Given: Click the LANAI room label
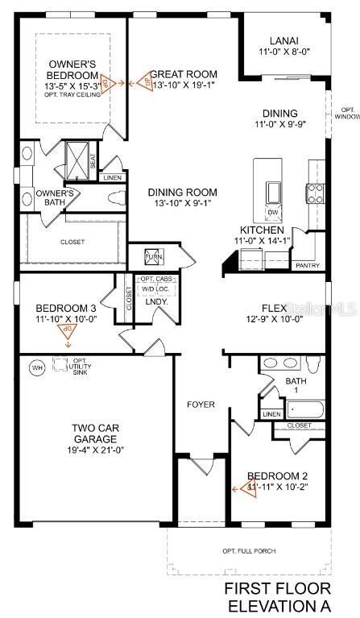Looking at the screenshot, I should click(x=283, y=40).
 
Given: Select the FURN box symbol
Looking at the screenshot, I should click(x=152, y=258).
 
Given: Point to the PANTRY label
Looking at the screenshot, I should click(x=308, y=265).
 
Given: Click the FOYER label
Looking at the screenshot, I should click(x=201, y=404).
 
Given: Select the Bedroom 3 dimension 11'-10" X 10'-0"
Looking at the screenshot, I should click(x=66, y=319).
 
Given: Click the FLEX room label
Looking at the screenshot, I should click(x=275, y=309).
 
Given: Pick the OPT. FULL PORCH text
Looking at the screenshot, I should click(x=249, y=551).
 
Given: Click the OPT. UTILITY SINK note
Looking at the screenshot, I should click(x=79, y=367).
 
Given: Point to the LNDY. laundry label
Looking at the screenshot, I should click(x=155, y=301).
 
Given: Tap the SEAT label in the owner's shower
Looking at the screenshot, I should click(x=94, y=160).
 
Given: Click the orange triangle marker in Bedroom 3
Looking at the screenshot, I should click(x=68, y=331).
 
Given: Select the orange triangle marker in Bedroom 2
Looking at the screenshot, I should click(x=241, y=487).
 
